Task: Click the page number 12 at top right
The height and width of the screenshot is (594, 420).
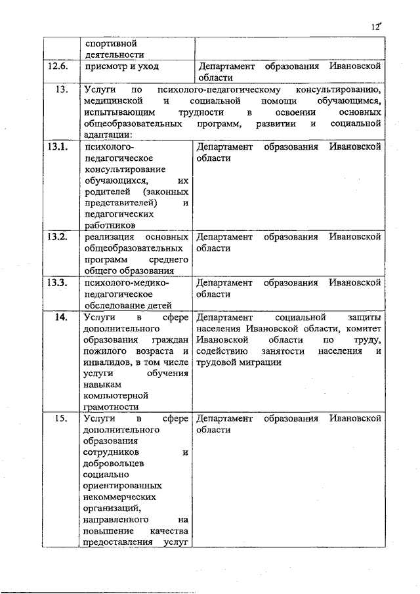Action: click(x=375, y=26)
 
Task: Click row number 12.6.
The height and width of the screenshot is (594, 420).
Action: click(x=58, y=66)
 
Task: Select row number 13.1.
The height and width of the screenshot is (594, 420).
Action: click(x=58, y=146)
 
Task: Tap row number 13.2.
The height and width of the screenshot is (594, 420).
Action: click(x=58, y=236)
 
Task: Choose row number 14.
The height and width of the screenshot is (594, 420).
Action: click(x=60, y=317)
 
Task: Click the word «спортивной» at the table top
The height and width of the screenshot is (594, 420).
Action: click(x=110, y=43)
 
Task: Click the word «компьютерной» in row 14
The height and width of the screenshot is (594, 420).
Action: click(x=113, y=396)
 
